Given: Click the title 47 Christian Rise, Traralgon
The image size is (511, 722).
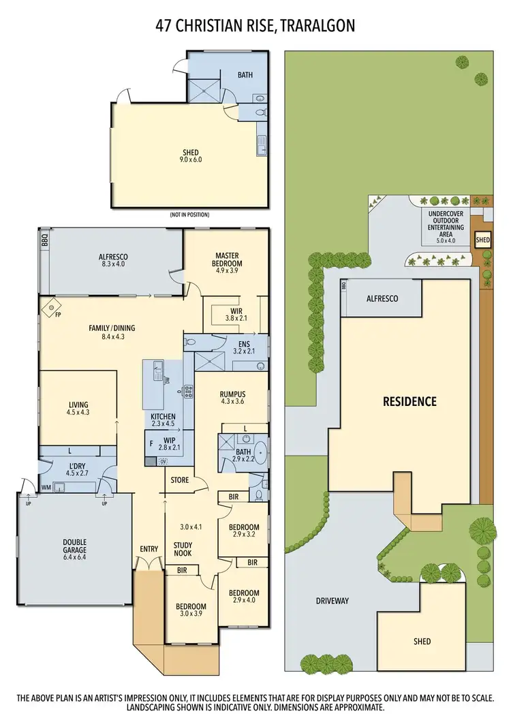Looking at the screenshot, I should click(x=255, y=26).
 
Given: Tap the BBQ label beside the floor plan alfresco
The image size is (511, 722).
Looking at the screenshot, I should click(x=44, y=240).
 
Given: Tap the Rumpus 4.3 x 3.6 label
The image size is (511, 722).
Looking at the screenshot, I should click(x=232, y=398).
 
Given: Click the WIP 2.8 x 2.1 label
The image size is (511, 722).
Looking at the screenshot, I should click(x=169, y=443).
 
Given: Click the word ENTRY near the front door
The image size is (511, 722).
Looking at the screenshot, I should click(x=149, y=549).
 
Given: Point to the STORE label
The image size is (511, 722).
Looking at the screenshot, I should click(x=179, y=480).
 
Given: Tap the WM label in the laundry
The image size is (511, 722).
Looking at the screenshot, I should click(x=46, y=487).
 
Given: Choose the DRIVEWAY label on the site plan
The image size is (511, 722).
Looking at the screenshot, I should click(x=332, y=600).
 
